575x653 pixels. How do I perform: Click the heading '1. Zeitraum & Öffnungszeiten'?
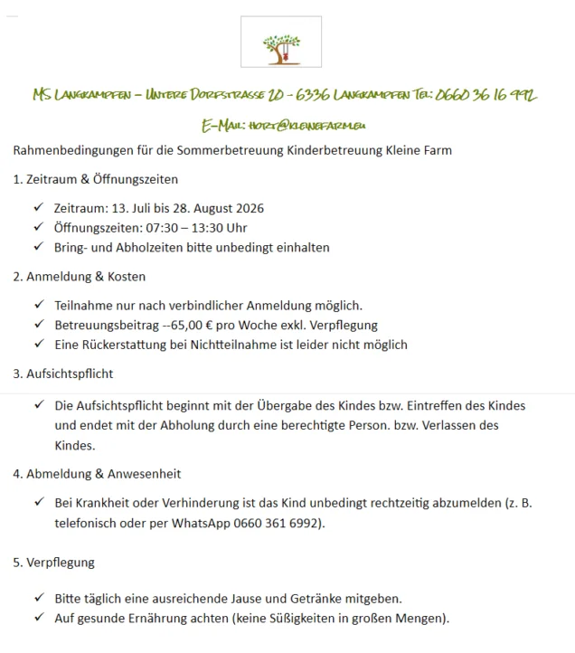(x=95, y=179)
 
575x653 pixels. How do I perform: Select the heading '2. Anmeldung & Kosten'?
(x=79, y=277)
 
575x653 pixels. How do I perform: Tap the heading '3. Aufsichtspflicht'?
(x=62, y=374)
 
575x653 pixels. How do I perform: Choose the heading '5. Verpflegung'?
(x=53, y=562)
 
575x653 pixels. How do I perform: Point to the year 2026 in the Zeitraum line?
(x=249, y=209)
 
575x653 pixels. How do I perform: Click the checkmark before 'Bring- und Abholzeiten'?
(x=38, y=247)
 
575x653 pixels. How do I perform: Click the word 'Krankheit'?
(x=100, y=504)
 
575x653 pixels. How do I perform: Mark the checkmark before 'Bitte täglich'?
(x=38, y=599)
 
